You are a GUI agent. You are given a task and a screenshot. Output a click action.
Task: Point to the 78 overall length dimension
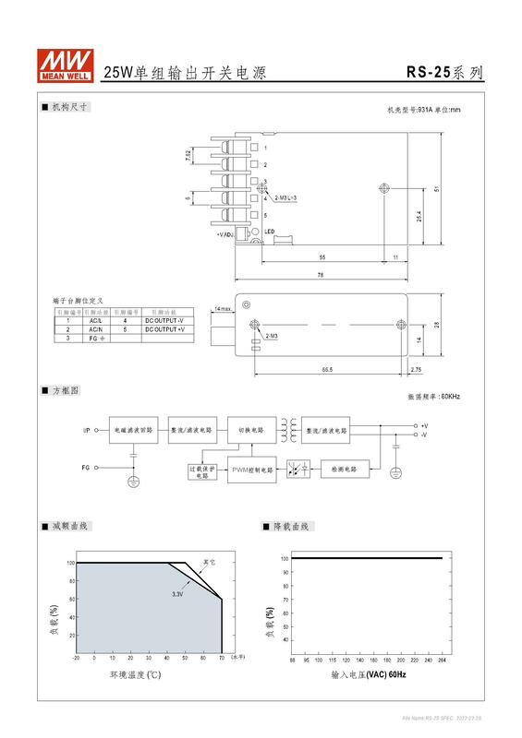321,275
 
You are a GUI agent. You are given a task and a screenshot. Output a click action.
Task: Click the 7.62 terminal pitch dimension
188,157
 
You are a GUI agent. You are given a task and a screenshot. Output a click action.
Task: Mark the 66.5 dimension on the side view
327,370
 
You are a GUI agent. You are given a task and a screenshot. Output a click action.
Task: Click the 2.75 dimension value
416,370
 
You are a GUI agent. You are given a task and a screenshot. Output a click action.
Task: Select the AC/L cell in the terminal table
96,321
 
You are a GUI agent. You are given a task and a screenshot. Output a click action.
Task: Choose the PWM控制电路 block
251,470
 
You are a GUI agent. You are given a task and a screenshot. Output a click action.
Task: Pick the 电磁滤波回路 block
133,430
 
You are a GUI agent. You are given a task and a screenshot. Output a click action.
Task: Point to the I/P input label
86,430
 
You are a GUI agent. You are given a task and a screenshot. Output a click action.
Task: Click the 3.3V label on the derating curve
177,594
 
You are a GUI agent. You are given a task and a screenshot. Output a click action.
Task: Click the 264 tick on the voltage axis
442,661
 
